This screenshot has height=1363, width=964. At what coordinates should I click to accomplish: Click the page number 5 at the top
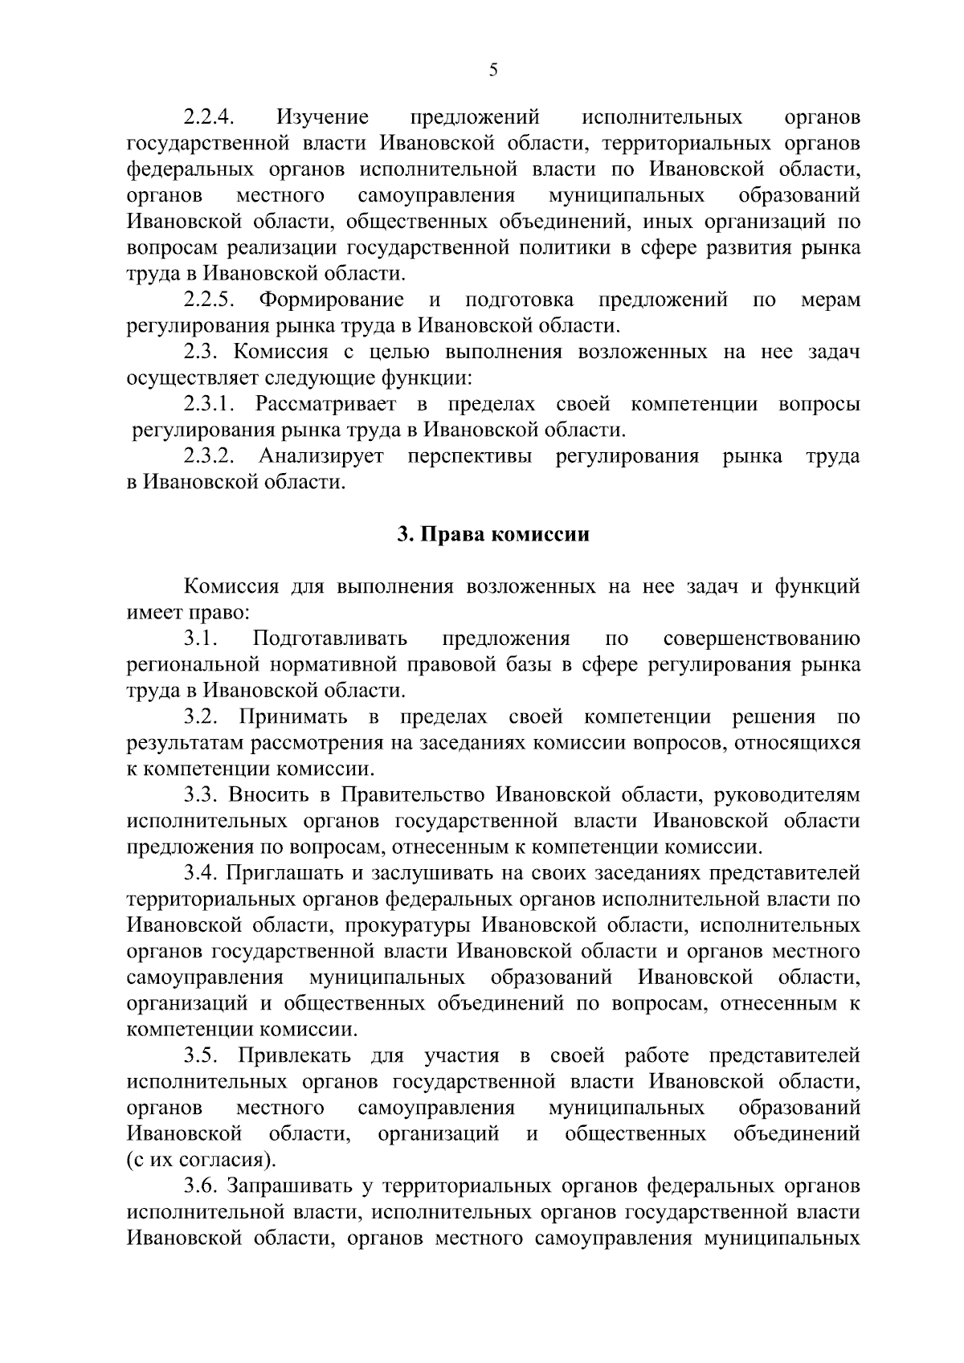(493, 71)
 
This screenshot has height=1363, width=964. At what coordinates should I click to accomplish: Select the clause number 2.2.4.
(209, 117)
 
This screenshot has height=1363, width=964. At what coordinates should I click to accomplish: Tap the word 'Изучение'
(323, 117)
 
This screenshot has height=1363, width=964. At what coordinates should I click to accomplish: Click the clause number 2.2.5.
(209, 300)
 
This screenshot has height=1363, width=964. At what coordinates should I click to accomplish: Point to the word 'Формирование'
(331, 300)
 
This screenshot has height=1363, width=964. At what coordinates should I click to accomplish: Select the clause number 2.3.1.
(209, 405)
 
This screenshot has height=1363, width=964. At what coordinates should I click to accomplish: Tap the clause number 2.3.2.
(209, 457)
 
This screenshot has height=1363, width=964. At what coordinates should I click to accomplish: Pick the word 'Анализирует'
(321, 457)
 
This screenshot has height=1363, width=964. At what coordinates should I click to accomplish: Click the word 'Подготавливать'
(330, 639)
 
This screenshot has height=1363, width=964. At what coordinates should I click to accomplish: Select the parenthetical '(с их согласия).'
(200, 1161)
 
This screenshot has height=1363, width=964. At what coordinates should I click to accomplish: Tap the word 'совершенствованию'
(762, 639)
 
